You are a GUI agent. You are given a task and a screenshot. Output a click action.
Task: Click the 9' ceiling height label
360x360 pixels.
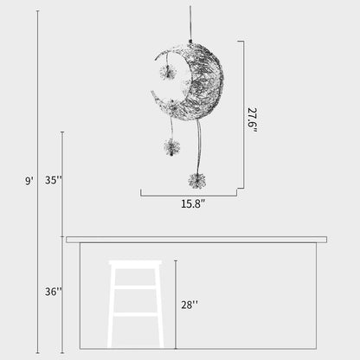pos(29,181)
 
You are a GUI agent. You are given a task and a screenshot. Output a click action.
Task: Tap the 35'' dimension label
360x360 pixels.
pos(54,180)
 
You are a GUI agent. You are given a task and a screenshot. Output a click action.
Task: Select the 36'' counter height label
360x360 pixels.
pos(54,292)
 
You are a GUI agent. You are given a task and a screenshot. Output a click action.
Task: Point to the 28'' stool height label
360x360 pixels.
pos(190,305)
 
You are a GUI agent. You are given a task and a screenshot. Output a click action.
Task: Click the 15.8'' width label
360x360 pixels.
pos(193,203)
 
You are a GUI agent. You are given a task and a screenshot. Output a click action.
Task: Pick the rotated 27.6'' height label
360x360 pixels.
pos(252,119)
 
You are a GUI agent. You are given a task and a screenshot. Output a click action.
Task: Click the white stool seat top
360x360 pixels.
pos(135,263)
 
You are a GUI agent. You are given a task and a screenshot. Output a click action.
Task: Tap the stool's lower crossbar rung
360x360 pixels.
pos(135,314)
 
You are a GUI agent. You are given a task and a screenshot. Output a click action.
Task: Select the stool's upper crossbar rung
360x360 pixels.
pos(135,287)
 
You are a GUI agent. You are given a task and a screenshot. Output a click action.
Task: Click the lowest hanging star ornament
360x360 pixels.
pos(196,181)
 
